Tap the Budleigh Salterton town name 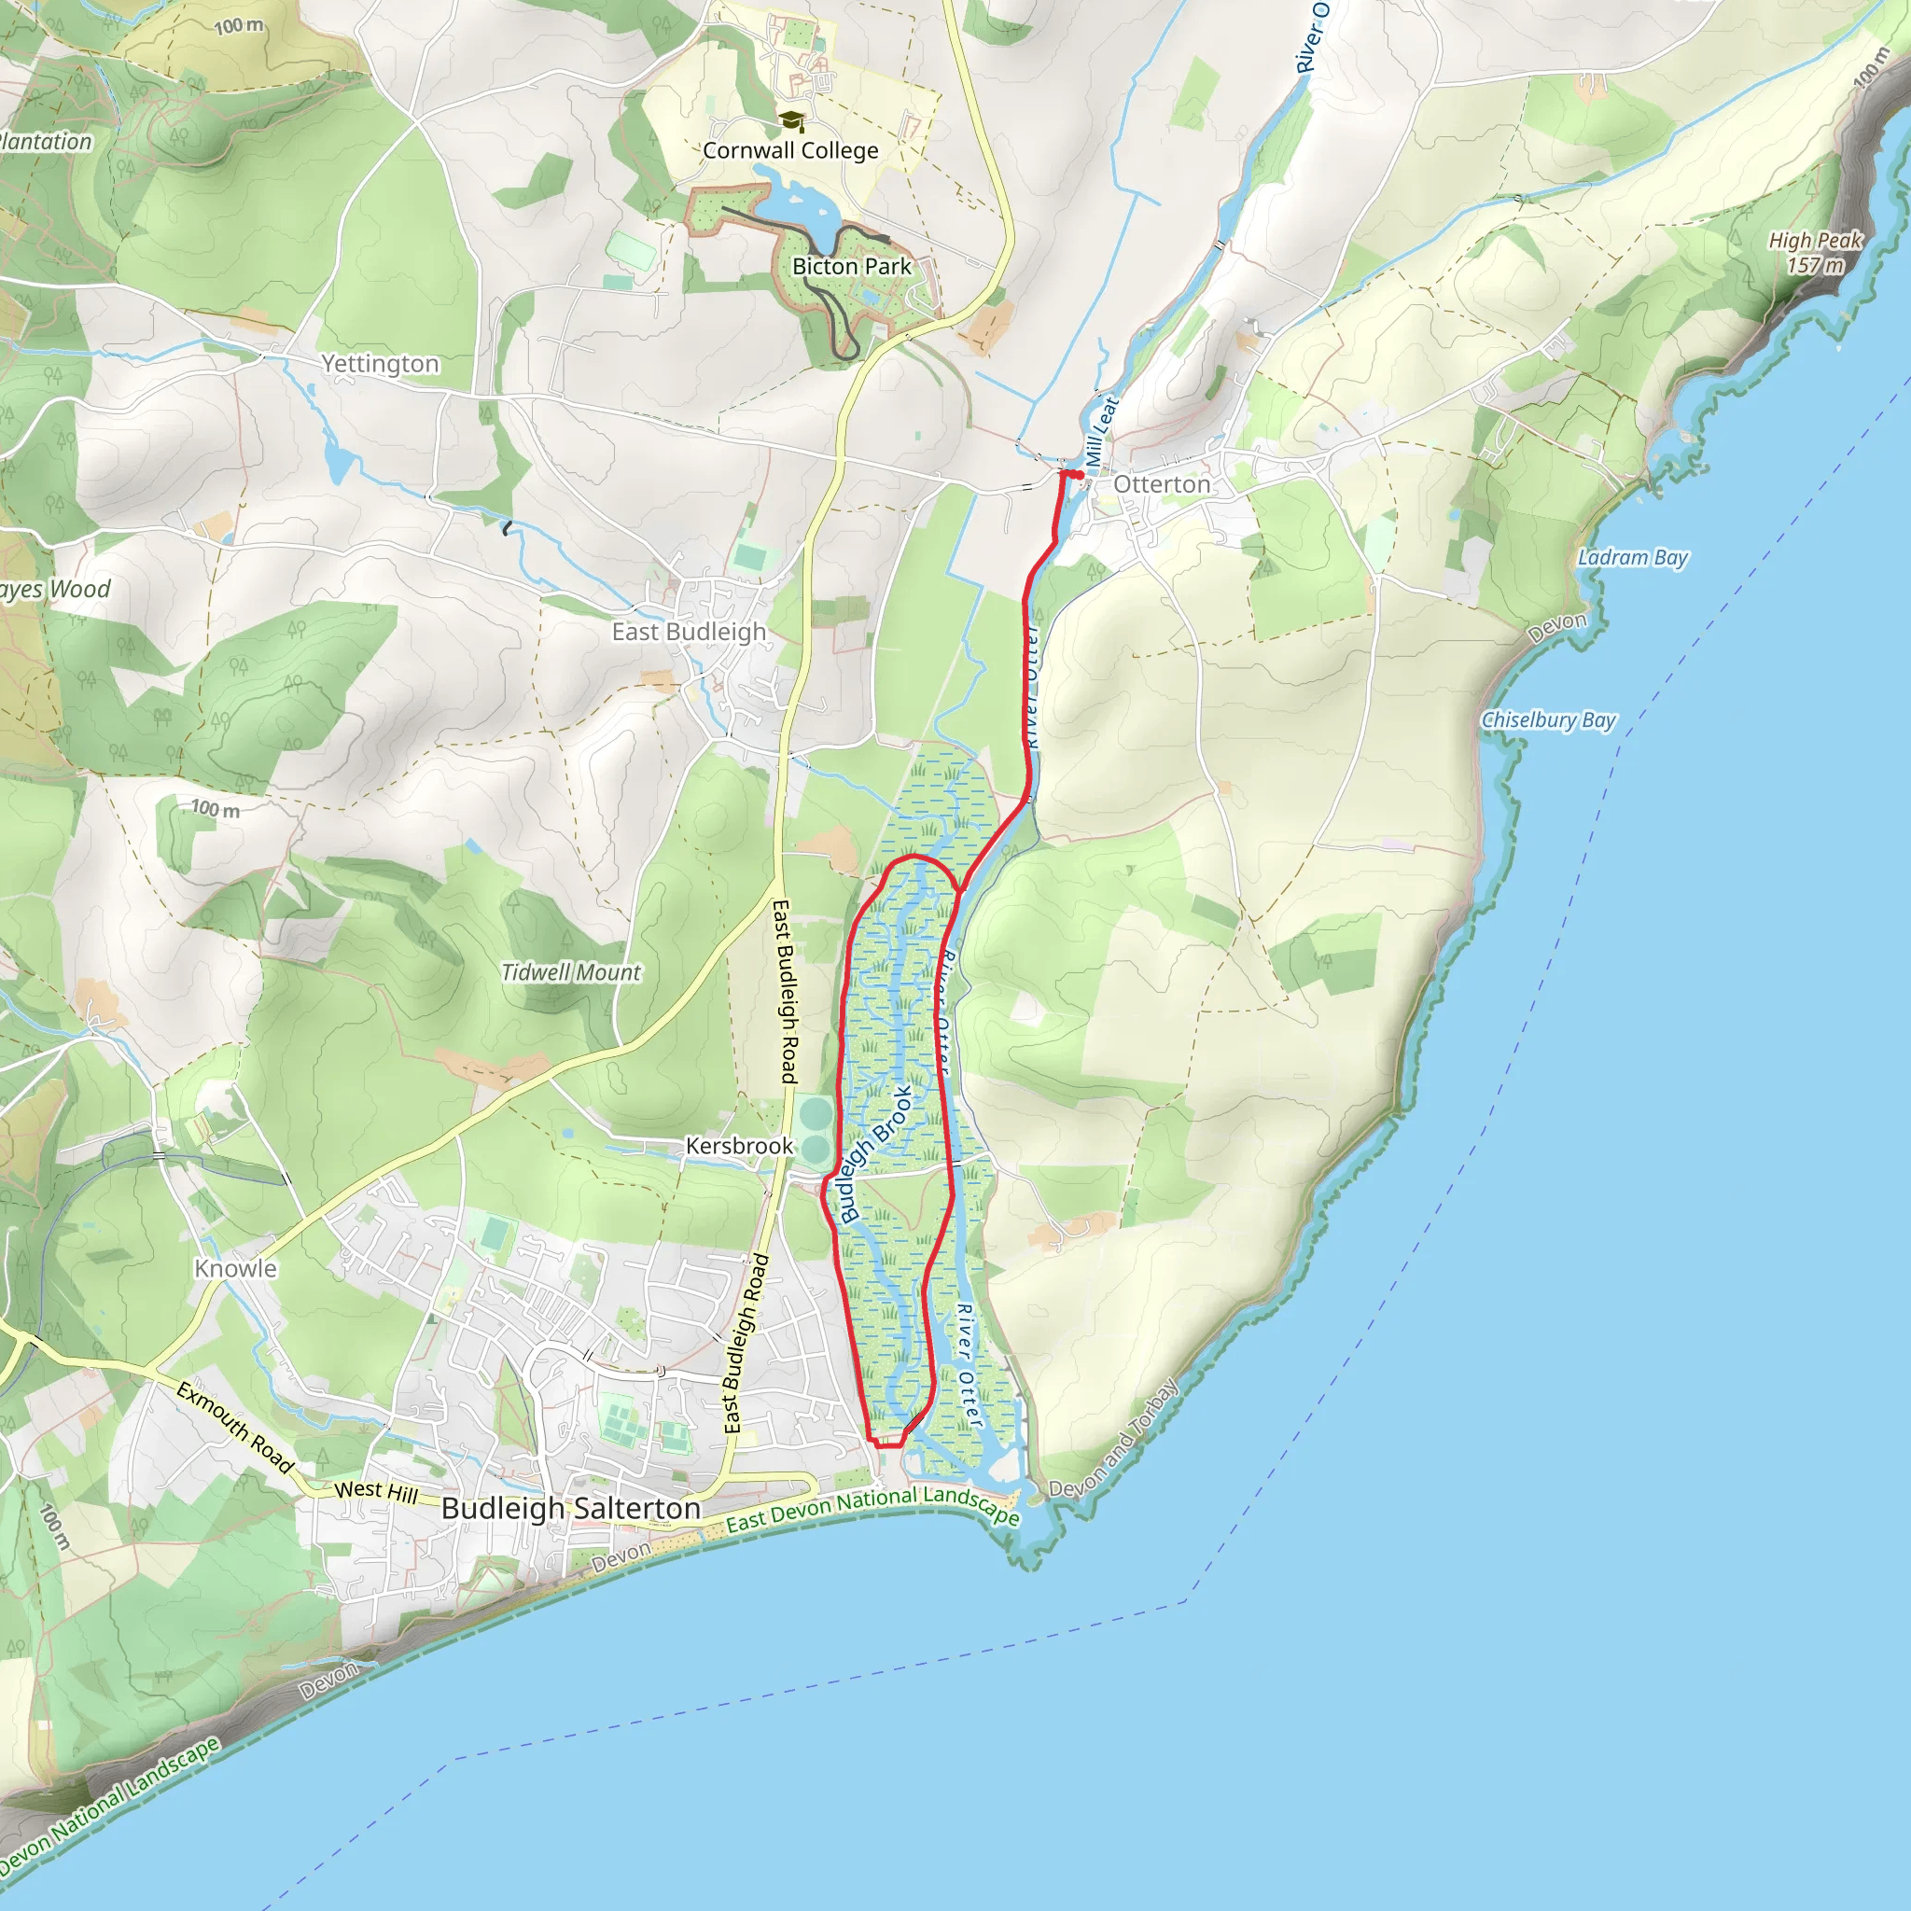[x=571, y=1508]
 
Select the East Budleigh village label [x=689, y=631]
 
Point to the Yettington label [x=380, y=363]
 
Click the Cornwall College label [x=790, y=150]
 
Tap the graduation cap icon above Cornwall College [x=790, y=120]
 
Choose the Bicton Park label [x=852, y=266]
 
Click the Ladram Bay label [x=1632, y=557]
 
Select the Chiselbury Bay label [x=1548, y=719]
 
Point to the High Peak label [x=1815, y=241]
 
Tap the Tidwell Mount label [x=571, y=972]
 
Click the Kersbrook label [x=739, y=1146]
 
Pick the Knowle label [x=235, y=1268]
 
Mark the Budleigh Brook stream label [x=875, y=1153]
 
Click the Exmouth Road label [x=235, y=1428]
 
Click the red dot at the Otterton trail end [x=1081, y=476]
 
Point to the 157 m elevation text [x=1815, y=265]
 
